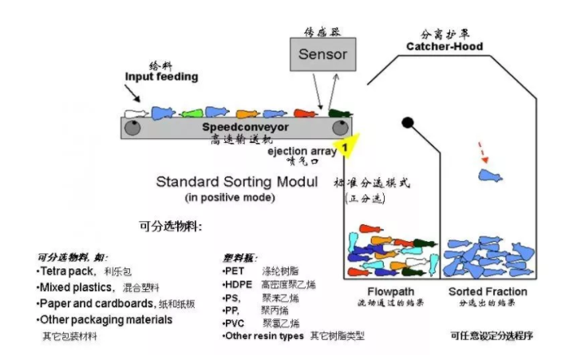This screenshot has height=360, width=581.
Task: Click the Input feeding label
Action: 160,77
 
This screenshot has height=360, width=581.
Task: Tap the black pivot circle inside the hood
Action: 407,122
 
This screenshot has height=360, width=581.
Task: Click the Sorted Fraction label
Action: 487,291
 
